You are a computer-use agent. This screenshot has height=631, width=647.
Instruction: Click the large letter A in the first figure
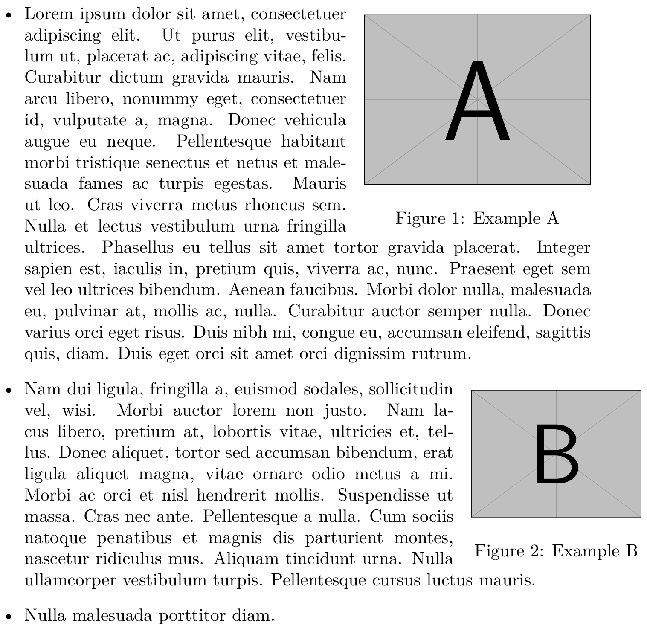click(477, 101)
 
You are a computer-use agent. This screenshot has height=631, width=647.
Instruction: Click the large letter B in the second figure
click(556, 454)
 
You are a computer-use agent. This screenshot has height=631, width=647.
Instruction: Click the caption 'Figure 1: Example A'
click(477, 218)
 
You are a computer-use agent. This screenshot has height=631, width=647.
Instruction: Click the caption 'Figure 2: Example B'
click(556, 551)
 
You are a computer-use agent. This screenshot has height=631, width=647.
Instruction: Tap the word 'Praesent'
click(477, 269)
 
